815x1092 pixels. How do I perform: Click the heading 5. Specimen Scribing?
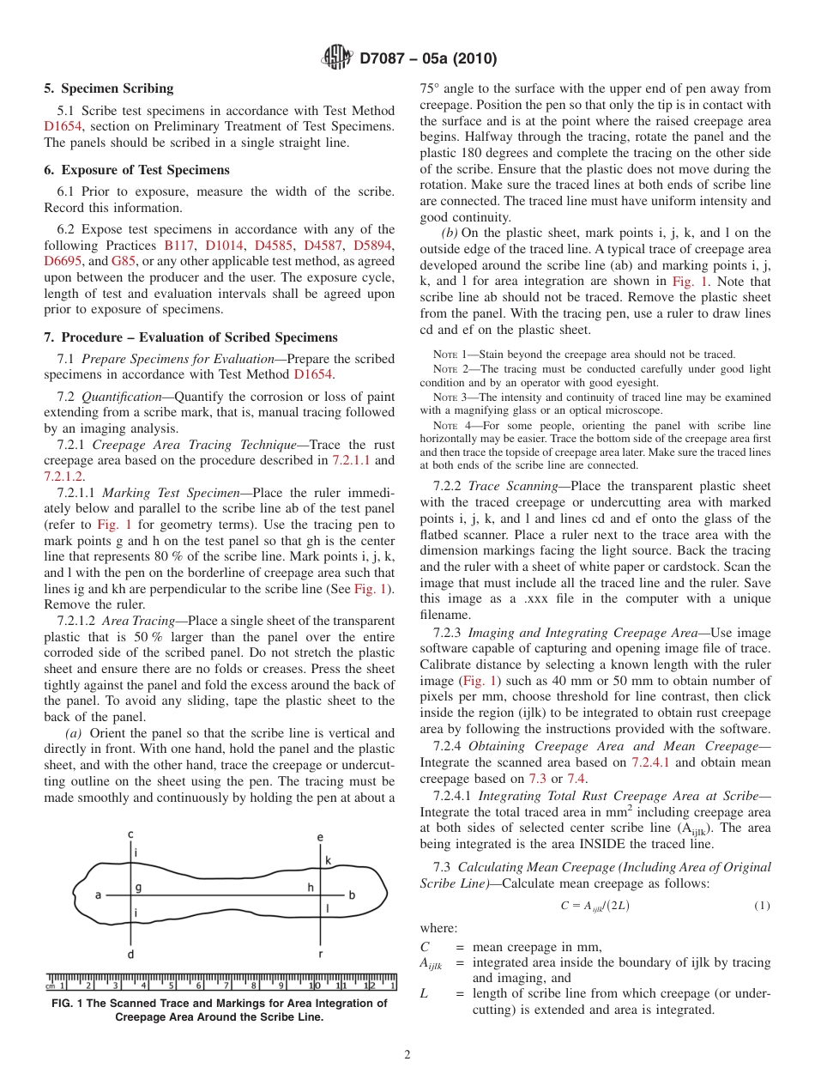109,88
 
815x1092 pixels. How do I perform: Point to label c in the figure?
130,834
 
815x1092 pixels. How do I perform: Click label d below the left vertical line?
130,954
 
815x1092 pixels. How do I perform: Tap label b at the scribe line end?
352,895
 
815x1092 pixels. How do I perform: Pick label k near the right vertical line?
327,859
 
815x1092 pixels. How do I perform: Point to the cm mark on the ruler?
51,986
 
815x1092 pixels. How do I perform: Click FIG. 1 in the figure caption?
71,1003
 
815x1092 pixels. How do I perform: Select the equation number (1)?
762,907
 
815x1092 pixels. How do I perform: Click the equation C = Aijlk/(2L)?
595,907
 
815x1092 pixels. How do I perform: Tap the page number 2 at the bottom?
407,1055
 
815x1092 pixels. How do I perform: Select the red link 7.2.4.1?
652,762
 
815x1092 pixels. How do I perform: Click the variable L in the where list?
424,994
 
